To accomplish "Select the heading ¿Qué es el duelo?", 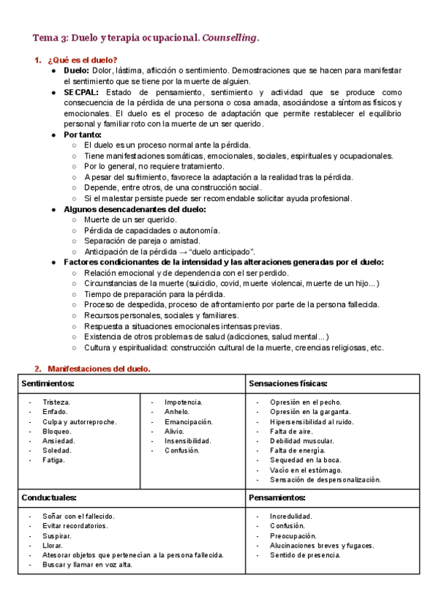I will coord(82,60).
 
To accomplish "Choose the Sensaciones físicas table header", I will coord(288,383).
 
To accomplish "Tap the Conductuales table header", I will coord(49,498).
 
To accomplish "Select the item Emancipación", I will coord(188,421).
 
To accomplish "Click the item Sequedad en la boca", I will coord(304,460).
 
